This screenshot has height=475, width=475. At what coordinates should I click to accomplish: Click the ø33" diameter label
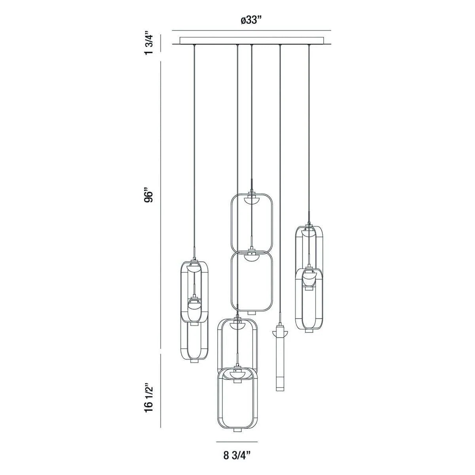252,20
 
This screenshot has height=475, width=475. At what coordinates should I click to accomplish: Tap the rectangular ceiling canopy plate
252,40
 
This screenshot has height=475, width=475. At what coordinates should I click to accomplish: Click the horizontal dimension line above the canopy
252,30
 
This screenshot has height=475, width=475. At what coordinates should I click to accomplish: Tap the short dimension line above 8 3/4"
237,442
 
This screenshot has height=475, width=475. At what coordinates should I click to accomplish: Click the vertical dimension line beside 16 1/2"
160,390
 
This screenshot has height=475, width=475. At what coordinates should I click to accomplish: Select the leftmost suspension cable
194,150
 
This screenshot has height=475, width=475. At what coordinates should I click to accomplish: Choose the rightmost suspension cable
309,131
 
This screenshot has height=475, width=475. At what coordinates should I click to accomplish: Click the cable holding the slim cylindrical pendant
280,178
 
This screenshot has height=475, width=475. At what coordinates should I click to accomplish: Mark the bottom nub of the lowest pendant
237,430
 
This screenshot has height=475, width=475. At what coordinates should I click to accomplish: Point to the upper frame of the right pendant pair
309,247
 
